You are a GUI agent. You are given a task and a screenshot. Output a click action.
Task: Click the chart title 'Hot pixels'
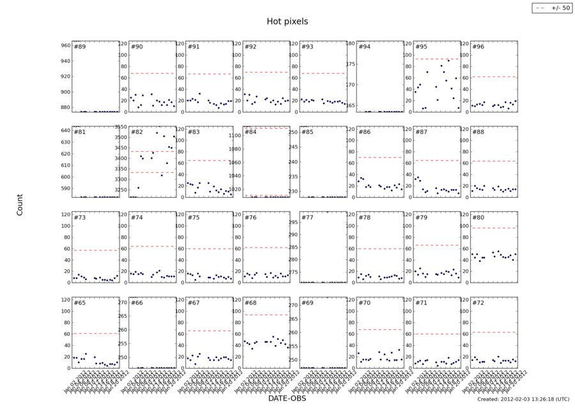287,21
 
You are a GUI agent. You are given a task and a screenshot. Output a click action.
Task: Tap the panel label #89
80,47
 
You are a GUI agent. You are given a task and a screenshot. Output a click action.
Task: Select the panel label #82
137,132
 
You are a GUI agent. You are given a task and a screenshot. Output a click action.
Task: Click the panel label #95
420,47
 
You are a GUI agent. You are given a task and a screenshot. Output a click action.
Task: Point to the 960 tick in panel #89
65,45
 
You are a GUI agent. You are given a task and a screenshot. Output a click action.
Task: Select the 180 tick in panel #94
349,43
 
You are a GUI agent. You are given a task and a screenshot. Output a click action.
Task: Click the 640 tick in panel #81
65,131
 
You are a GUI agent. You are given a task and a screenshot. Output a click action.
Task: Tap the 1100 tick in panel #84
233,135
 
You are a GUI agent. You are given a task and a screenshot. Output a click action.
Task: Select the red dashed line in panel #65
96,333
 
